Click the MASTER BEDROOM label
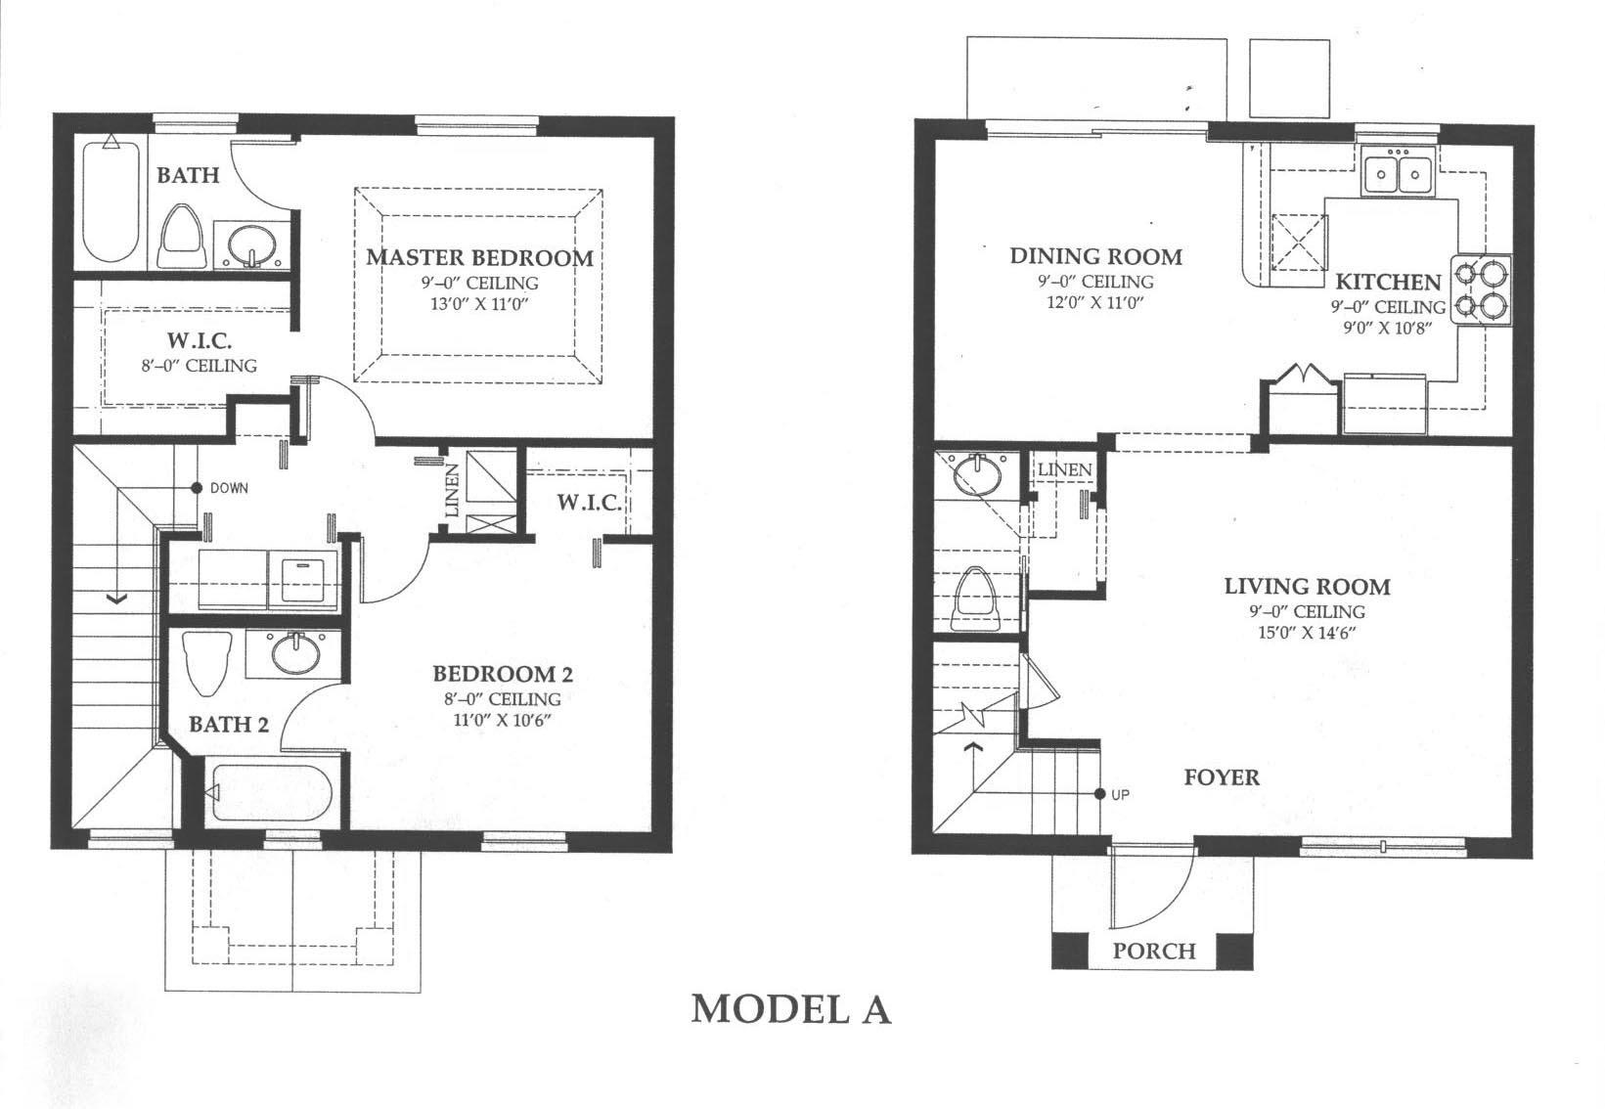click(479, 258)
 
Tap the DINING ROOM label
click(1095, 256)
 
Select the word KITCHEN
click(1388, 283)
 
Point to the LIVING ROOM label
click(1307, 587)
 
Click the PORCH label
click(1154, 951)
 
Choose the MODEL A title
click(791, 1009)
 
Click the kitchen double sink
click(1398, 172)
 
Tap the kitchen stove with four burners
click(1482, 290)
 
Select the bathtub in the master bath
click(111, 201)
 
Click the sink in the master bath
click(251, 245)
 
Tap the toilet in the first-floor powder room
click(978, 599)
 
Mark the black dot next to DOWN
click(196, 488)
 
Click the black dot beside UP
click(1099, 794)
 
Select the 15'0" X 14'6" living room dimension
click(1308, 633)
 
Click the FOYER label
click(1221, 777)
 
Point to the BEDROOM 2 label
click(503, 674)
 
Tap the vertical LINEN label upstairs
click(452, 491)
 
